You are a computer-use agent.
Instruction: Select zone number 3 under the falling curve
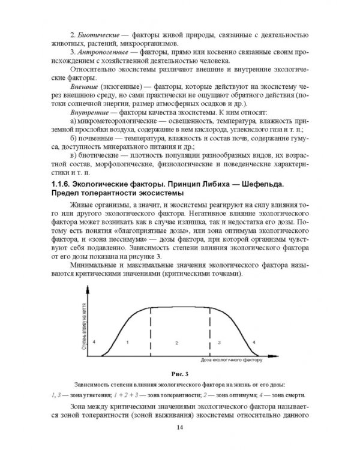[x=219, y=341]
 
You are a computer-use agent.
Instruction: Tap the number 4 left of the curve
[x=95, y=341]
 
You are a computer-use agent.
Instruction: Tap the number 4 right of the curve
[x=254, y=341]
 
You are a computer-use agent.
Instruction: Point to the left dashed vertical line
[x=150, y=330]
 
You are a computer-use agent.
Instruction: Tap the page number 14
[x=180, y=427]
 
